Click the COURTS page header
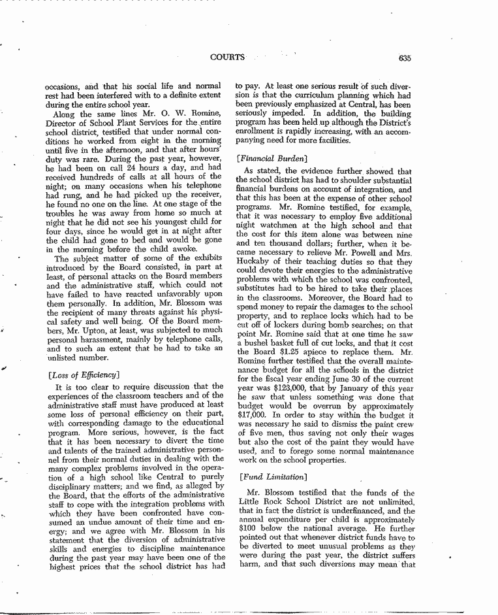point(227,58)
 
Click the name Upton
point(93,331)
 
